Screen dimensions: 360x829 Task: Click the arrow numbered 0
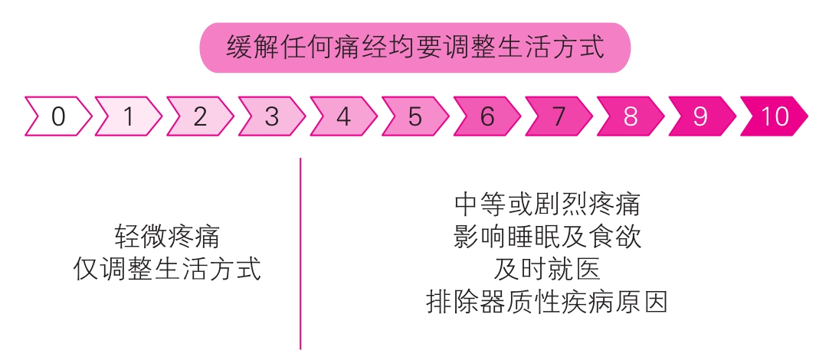58,116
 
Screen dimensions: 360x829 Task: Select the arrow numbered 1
129,116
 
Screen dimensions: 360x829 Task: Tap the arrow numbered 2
200,116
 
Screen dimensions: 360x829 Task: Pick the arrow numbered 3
272,116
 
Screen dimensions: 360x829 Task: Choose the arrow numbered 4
343,116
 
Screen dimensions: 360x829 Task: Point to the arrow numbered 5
415,116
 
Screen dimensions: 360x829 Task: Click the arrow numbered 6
487,116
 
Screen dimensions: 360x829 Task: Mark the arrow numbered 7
559,116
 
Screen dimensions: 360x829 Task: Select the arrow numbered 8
631,116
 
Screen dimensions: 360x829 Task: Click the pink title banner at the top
414,47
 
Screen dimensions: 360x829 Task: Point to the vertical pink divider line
300,253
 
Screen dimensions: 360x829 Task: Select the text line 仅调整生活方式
167,269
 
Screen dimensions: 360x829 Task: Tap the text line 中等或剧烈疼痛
547,205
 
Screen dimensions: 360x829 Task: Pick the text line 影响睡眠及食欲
547,237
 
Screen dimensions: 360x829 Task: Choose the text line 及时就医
547,270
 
